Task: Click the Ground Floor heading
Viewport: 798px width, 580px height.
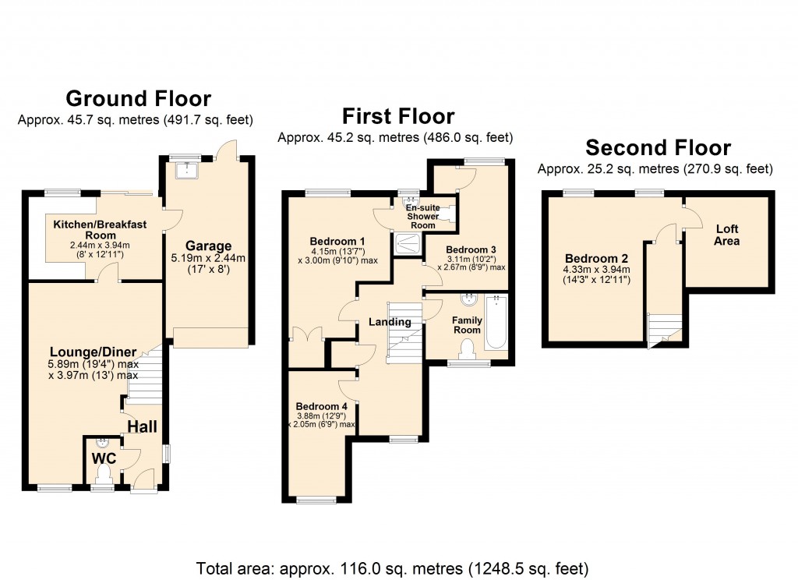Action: pos(138,99)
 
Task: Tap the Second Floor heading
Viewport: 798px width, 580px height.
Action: pos(658,148)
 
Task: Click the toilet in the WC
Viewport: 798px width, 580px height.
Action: pos(102,470)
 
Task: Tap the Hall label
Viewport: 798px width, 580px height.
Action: pos(143,426)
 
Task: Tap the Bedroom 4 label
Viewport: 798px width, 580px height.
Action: pos(321,406)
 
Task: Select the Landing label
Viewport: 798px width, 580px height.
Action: pos(390,322)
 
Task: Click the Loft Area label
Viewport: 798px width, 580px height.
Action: pos(727,235)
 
